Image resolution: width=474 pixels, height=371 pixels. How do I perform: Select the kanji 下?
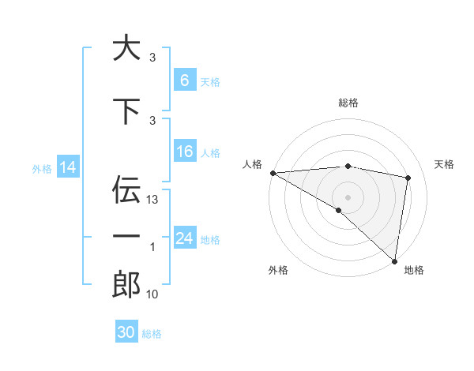[126, 110]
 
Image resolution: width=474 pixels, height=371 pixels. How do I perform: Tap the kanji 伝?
[126, 189]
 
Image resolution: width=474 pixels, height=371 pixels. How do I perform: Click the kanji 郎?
[126, 285]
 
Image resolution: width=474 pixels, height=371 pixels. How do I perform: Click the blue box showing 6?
[185, 81]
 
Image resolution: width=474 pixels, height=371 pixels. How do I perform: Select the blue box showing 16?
[185, 152]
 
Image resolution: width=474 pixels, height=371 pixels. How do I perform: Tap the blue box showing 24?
[185, 238]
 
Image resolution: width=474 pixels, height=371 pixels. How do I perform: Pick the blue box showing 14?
[68, 167]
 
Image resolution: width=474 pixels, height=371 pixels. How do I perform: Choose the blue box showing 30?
[126, 332]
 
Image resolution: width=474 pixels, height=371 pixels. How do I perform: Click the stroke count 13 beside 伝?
[153, 200]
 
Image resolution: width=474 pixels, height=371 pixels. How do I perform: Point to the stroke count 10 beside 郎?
[153, 294]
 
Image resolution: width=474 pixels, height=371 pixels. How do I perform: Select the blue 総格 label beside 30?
[152, 334]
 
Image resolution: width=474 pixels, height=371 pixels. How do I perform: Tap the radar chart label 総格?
[348, 103]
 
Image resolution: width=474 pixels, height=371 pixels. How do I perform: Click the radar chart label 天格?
[445, 164]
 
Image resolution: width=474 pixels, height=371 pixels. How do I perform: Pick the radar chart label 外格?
[278, 271]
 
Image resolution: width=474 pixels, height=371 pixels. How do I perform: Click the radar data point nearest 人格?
[273, 173]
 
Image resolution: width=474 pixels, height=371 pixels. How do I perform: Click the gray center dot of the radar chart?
[348, 197]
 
